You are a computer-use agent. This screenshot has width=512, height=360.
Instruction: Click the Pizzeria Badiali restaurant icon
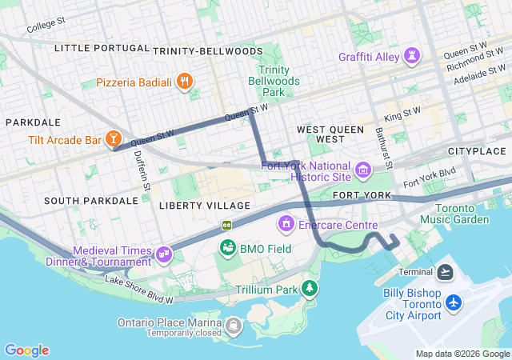tap(186, 81)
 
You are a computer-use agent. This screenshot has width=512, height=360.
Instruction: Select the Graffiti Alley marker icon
tap(412, 57)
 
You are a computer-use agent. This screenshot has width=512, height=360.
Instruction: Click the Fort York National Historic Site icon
tap(363, 170)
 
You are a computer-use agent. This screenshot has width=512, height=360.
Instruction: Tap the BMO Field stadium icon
tap(228, 248)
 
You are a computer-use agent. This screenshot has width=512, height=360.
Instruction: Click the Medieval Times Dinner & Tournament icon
tap(164, 255)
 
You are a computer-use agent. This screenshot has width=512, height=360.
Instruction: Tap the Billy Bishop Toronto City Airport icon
tap(454, 303)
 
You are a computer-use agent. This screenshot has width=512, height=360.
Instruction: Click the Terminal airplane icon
tap(446, 272)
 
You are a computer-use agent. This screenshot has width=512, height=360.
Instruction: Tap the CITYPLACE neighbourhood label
tap(477, 151)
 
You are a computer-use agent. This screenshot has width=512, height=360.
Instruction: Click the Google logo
tap(26, 350)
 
